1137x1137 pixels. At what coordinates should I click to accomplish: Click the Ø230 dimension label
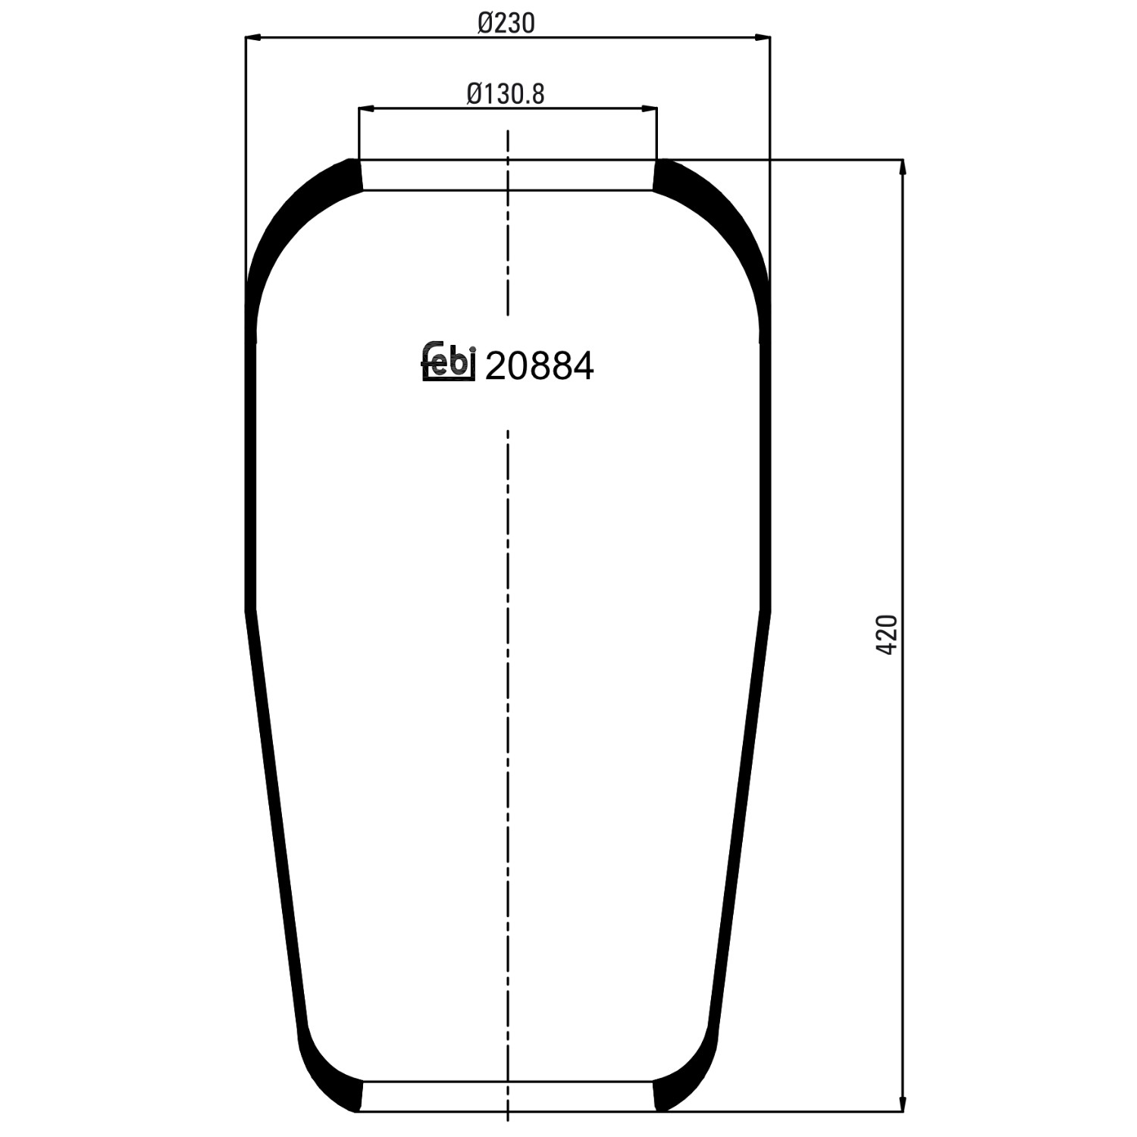pos(506,23)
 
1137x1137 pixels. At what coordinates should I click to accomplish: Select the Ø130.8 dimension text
pos(506,94)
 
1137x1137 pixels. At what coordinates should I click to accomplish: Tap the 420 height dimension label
pos(887,635)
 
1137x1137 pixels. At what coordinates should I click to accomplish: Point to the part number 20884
pos(539,367)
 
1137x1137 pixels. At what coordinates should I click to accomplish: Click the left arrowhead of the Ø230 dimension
pos(254,36)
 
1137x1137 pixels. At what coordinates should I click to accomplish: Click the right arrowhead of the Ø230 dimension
pos(763,36)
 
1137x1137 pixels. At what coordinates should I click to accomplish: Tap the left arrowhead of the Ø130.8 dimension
pos(366,109)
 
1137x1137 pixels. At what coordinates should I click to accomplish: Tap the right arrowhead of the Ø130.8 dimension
pos(650,109)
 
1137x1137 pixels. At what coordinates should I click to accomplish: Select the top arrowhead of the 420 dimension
pos(902,168)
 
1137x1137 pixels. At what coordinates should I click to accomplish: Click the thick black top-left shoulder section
pos(303,220)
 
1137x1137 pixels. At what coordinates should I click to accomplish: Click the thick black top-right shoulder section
pos(713,220)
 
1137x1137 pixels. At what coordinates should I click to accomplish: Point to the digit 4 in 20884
pos(582,367)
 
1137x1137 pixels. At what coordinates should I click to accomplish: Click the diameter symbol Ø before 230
pos(486,23)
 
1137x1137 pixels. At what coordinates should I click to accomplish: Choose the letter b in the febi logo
pos(459,363)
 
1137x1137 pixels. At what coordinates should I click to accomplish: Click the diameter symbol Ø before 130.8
pos(475,94)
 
